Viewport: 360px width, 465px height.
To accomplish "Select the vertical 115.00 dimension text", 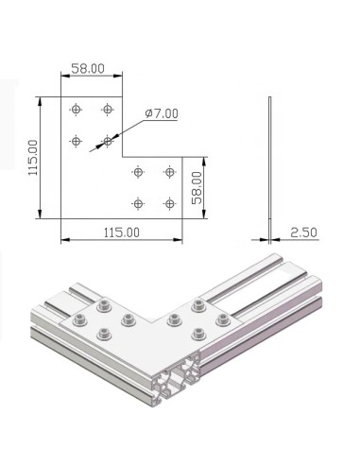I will (33, 159).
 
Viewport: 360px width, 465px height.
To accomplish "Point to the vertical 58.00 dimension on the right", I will (195, 189).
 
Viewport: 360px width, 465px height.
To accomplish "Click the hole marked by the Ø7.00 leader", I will (107, 142).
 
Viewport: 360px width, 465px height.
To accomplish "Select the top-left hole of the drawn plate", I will (76, 111).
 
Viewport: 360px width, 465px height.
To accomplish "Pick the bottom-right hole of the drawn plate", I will (169, 203).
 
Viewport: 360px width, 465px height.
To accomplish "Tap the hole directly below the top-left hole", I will (76, 142).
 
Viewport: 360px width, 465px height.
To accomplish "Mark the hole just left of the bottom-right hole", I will (138, 203).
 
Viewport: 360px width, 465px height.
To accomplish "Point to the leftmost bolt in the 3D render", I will (77, 316).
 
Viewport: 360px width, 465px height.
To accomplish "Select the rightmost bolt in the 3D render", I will (222, 318).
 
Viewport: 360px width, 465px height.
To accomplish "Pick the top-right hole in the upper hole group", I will (107, 111).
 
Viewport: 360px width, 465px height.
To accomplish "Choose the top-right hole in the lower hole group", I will (169, 172).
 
